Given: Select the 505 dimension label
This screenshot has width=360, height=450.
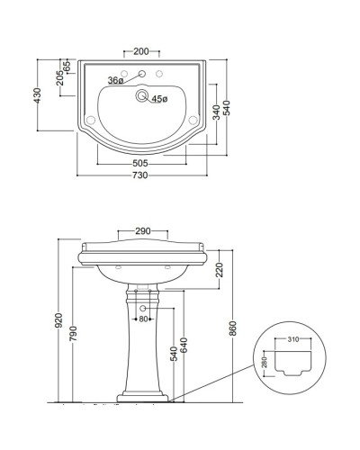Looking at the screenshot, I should (139, 163).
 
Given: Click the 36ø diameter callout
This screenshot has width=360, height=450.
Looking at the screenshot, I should (114, 81).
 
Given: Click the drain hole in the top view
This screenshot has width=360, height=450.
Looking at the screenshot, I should (140, 94).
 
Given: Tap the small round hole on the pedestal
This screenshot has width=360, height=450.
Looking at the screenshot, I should (141, 309).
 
